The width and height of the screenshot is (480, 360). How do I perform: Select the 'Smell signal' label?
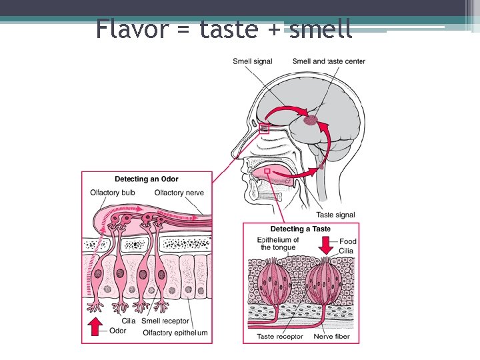click(252, 61)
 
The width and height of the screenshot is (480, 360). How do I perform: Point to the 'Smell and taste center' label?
click(329, 61)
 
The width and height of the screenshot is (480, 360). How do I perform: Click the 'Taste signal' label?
click(335, 215)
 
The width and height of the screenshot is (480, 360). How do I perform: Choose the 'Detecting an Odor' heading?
click(146, 179)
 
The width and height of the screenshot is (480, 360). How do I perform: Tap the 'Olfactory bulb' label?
click(113, 193)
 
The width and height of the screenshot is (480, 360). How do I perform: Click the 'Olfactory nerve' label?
click(179, 193)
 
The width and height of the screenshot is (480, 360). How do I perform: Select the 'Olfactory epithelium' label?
click(175, 333)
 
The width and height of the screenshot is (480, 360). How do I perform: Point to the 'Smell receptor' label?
click(165, 321)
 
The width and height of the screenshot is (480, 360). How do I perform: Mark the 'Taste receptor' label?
click(280, 337)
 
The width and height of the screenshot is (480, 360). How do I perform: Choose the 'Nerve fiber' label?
click(334, 337)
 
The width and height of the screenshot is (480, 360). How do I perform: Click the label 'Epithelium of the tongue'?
click(278, 244)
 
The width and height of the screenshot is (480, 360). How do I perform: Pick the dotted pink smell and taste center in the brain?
click(311, 121)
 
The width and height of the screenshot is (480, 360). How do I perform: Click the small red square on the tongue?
click(267, 171)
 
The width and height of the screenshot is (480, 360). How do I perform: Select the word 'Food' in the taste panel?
click(348, 241)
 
